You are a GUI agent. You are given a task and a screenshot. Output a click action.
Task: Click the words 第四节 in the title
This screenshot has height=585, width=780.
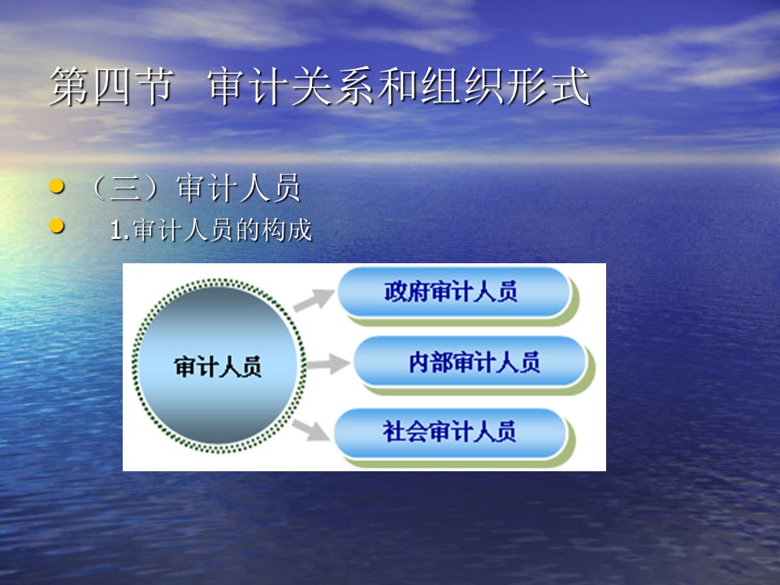pyautogui.click(x=112, y=86)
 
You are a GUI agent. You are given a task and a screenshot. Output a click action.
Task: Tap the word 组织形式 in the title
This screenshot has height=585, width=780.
pyautogui.click(x=506, y=86)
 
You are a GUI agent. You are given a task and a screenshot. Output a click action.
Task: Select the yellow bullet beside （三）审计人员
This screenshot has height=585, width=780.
pyautogui.click(x=57, y=187)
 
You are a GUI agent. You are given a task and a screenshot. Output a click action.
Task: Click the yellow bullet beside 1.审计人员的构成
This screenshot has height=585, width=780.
pyautogui.click(x=57, y=227)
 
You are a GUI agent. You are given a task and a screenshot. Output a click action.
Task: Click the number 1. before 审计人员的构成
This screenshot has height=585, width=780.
pyautogui.click(x=120, y=230)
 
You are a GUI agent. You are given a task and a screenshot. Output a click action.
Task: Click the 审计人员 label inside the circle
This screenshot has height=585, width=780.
pyautogui.click(x=218, y=366)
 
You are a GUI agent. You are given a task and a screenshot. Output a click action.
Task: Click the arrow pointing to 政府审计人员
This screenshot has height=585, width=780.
pyautogui.click(x=314, y=300)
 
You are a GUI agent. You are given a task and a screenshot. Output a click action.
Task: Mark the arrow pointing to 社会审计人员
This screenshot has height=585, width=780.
pyautogui.click(x=310, y=430)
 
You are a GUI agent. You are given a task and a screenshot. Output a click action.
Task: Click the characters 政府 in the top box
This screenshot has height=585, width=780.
pyautogui.click(x=407, y=292)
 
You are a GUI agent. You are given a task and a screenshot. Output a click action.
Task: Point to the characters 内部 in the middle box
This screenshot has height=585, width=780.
pyautogui.click(x=431, y=362)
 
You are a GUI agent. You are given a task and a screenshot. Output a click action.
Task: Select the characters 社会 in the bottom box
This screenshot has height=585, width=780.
pyautogui.click(x=405, y=431)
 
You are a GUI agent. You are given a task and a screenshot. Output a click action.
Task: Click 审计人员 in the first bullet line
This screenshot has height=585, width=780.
pyautogui.click(x=239, y=188)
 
